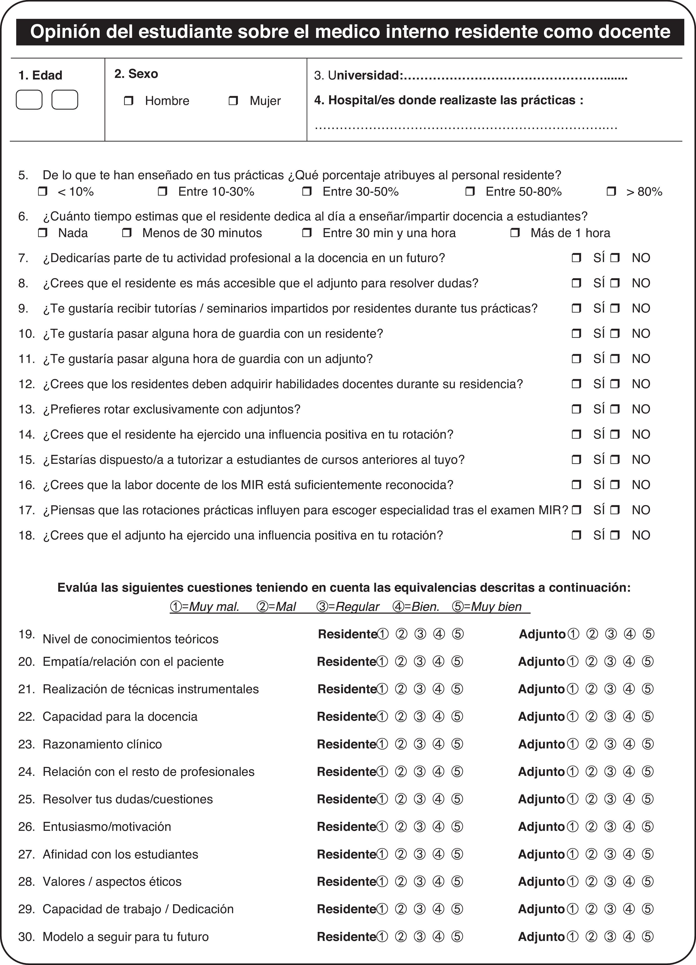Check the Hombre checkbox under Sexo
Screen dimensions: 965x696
(x=129, y=101)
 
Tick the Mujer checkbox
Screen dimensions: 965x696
(x=233, y=101)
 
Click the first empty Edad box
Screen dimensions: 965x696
(x=29, y=100)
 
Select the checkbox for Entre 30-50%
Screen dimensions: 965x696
(x=307, y=191)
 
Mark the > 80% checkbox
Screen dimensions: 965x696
(x=611, y=191)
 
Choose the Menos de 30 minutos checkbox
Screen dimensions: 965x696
(x=126, y=233)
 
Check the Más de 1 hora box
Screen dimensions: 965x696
(x=515, y=233)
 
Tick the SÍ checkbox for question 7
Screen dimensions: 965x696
(x=576, y=258)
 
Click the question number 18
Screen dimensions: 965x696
(x=26, y=535)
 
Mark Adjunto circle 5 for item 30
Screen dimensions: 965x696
(x=648, y=937)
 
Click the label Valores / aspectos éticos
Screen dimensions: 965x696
(x=112, y=882)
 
